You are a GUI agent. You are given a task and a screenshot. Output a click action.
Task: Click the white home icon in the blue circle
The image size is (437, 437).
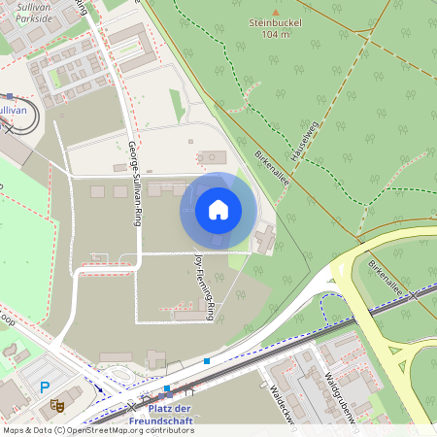click(x=218, y=210)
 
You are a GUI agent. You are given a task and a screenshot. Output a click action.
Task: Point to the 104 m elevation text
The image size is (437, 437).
click(x=275, y=34)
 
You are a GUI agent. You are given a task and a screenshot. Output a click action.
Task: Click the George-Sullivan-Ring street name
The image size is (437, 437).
click(x=133, y=185)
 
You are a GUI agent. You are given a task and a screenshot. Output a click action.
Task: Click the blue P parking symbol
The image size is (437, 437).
click(x=44, y=387)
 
